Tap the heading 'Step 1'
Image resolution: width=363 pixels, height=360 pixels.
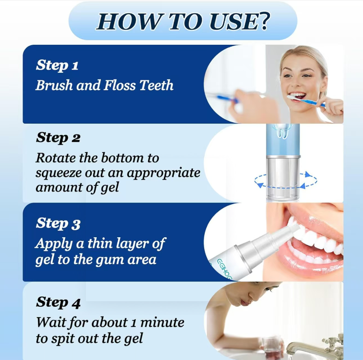57,65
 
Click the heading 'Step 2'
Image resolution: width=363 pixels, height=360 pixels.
58,138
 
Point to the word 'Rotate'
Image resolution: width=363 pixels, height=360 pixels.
56,158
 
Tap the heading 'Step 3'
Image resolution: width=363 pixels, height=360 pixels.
58,224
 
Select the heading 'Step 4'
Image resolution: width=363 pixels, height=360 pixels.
58,303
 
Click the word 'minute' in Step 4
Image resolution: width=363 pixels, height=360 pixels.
162,322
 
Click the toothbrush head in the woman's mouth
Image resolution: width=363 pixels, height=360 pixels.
292,98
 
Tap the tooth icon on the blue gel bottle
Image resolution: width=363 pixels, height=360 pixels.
283,131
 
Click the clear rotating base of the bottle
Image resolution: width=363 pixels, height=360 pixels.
283,178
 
